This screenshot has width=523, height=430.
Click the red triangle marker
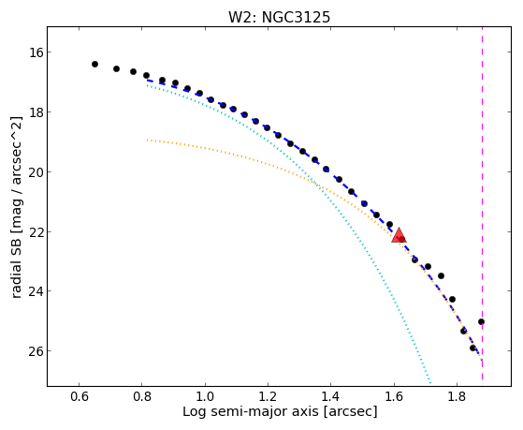pos(399,235)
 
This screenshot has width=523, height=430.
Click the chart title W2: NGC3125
pos(279,18)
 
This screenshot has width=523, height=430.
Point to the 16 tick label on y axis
pos(34,52)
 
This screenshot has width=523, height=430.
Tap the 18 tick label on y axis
pos(34,111)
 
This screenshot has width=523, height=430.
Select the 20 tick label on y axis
pos(34,171)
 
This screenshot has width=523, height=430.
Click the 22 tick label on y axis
pos(34,231)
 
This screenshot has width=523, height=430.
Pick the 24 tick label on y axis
pos(34,291)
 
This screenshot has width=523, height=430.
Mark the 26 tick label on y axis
pos(34,350)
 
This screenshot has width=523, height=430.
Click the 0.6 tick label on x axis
pos(79,396)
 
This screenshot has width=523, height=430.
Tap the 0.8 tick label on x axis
pos(142,396)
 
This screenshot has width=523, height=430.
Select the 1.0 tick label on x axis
pos(205,396)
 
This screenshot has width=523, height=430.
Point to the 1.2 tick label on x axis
pos(268,396)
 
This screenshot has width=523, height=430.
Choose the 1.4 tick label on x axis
pos(330,396)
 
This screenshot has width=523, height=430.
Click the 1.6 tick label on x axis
pos(394,396)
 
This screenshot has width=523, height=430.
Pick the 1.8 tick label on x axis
pos(457,396)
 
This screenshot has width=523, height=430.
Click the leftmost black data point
pos(94,64)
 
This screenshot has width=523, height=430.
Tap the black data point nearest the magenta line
pos(481,321)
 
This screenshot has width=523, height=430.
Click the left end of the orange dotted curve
pos(147,140)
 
